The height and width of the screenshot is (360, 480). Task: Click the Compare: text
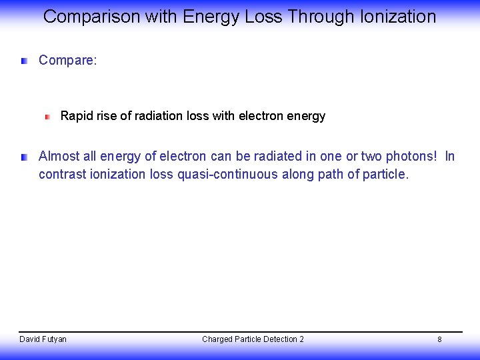pyautogui.click(x=68, y=61)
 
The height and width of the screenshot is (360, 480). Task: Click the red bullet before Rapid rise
pyautogui.click(x=47, y=117)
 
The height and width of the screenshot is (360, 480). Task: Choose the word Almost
pyautogui.click(x=59, y=157)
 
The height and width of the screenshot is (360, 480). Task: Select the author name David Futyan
pyautogui.click(x=43, y=339)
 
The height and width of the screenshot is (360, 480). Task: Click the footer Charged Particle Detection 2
pyautogui.click(x=253, y=339)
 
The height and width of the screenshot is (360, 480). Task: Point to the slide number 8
pyautogui.click(x=439, y=339)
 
